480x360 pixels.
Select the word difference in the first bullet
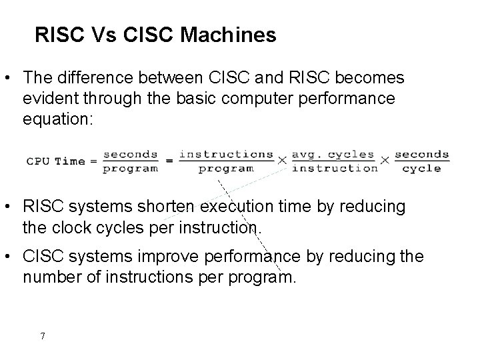tap(97, 78)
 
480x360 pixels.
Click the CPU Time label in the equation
tap(56, 161)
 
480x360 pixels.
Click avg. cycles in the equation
tap(334, 153)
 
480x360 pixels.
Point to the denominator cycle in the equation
tap(422, 169)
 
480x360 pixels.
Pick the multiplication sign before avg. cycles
tap(282, 161)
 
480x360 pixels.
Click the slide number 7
tap(43, 336)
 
